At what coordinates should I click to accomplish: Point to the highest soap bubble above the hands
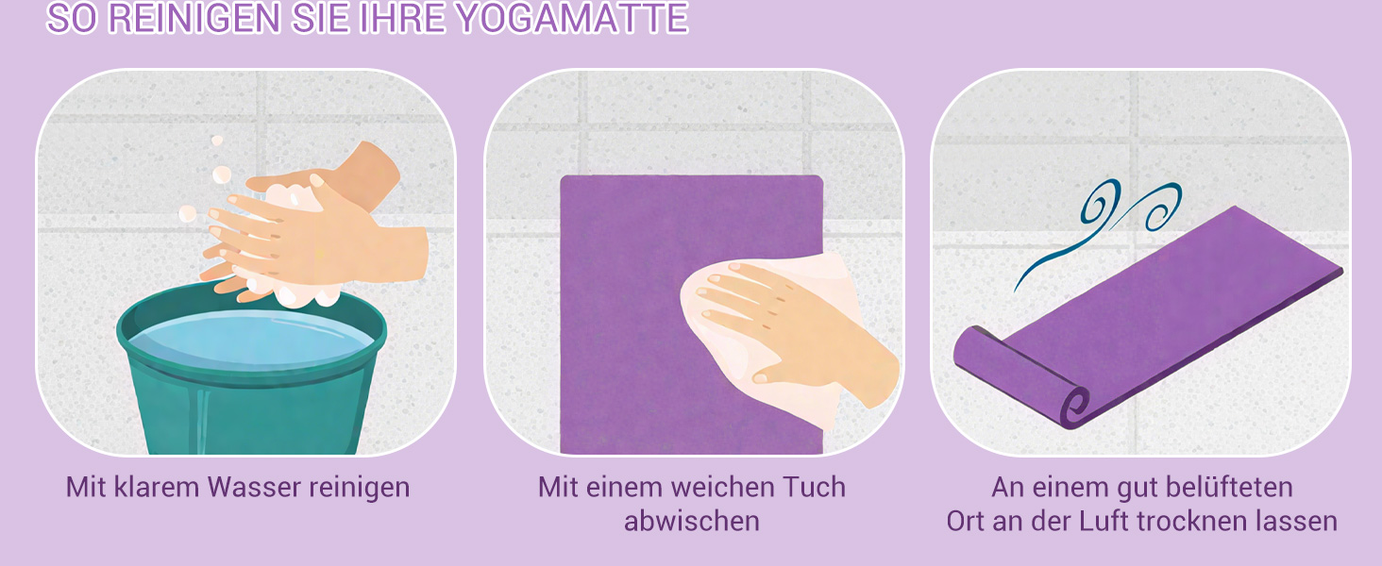(216, 141)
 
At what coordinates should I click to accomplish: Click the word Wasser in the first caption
(254, 487)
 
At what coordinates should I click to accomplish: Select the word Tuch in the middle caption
(815, 487)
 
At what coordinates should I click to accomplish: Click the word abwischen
(692, 521)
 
